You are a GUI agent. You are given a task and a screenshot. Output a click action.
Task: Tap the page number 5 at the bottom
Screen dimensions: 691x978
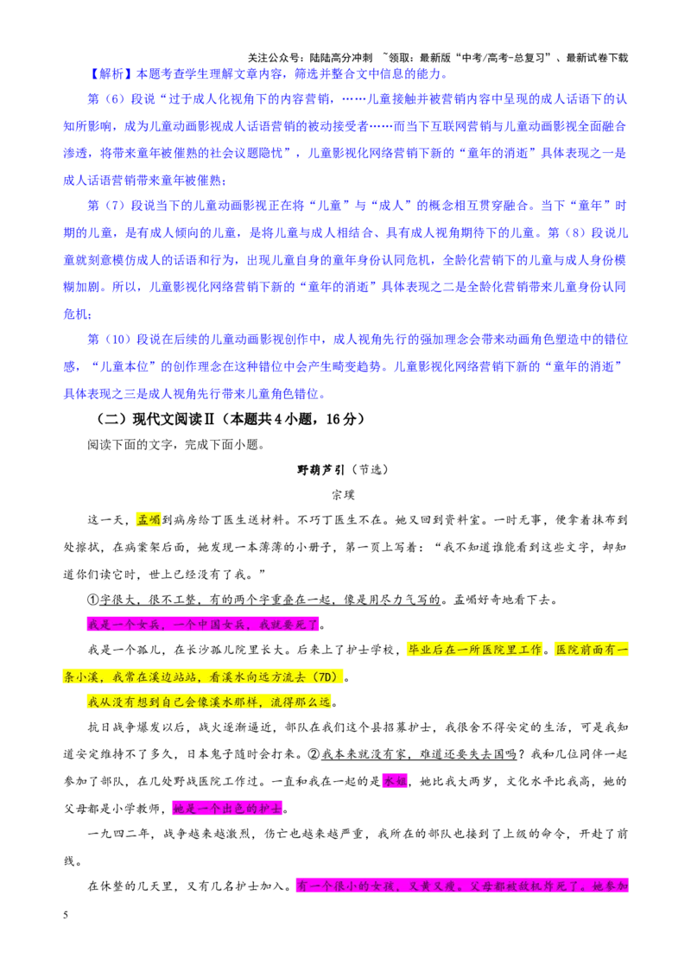click(66, 915)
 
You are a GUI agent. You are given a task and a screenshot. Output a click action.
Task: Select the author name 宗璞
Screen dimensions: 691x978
click(343, 495)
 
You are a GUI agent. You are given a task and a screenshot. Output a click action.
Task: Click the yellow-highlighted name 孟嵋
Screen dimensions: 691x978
click(149, 519)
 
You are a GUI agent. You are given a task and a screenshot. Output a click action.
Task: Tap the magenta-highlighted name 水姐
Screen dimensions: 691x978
click(395, 782)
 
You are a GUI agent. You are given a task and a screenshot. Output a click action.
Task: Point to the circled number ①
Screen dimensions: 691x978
click(93, 600)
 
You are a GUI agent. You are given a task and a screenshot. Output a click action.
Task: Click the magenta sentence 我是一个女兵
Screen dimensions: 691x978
click(124, 625)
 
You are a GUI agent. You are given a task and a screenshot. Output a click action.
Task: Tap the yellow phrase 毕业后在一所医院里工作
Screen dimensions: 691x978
click(475, 650)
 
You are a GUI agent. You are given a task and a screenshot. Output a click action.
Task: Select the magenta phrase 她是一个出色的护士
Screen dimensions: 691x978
click(227, 809)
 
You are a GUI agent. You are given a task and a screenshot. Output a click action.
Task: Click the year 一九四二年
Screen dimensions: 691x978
click(118, 835)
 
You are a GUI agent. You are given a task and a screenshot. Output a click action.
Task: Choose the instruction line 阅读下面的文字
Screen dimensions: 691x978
click(130, 445)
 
